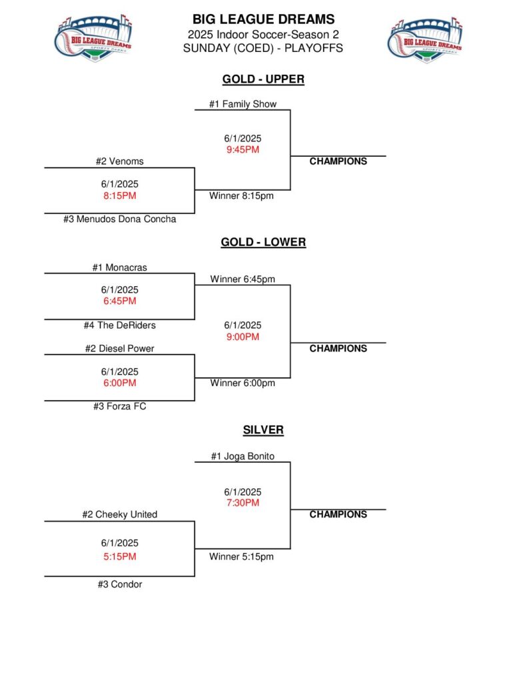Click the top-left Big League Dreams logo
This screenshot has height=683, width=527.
(93, 39)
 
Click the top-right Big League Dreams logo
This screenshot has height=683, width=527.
(426, 39)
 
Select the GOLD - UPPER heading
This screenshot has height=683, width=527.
(263, 79)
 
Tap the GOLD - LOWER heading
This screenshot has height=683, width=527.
(263, 242)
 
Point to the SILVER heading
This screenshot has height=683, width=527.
(263, 430)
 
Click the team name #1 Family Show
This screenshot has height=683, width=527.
(243, 104)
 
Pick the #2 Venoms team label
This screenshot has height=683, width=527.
(119, 161)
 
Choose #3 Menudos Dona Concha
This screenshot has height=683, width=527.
(120, 219)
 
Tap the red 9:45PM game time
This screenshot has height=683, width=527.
(243, 149)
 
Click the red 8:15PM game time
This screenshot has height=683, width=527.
(120, 195)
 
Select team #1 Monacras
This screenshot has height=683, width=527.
(120, 267)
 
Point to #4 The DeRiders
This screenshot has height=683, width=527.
(120, 325)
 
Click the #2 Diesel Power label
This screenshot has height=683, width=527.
(120, 348)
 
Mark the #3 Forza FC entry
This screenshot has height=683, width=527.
(120, 406)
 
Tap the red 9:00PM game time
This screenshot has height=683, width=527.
(243, 337)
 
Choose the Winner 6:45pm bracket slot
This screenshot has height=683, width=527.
(243, 279)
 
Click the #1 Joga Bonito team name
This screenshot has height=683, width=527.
(243, 456)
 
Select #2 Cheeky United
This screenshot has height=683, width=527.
(120, 514)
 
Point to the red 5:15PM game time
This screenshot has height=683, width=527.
(120, 556)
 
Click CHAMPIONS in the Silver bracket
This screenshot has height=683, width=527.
(338, 514)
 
